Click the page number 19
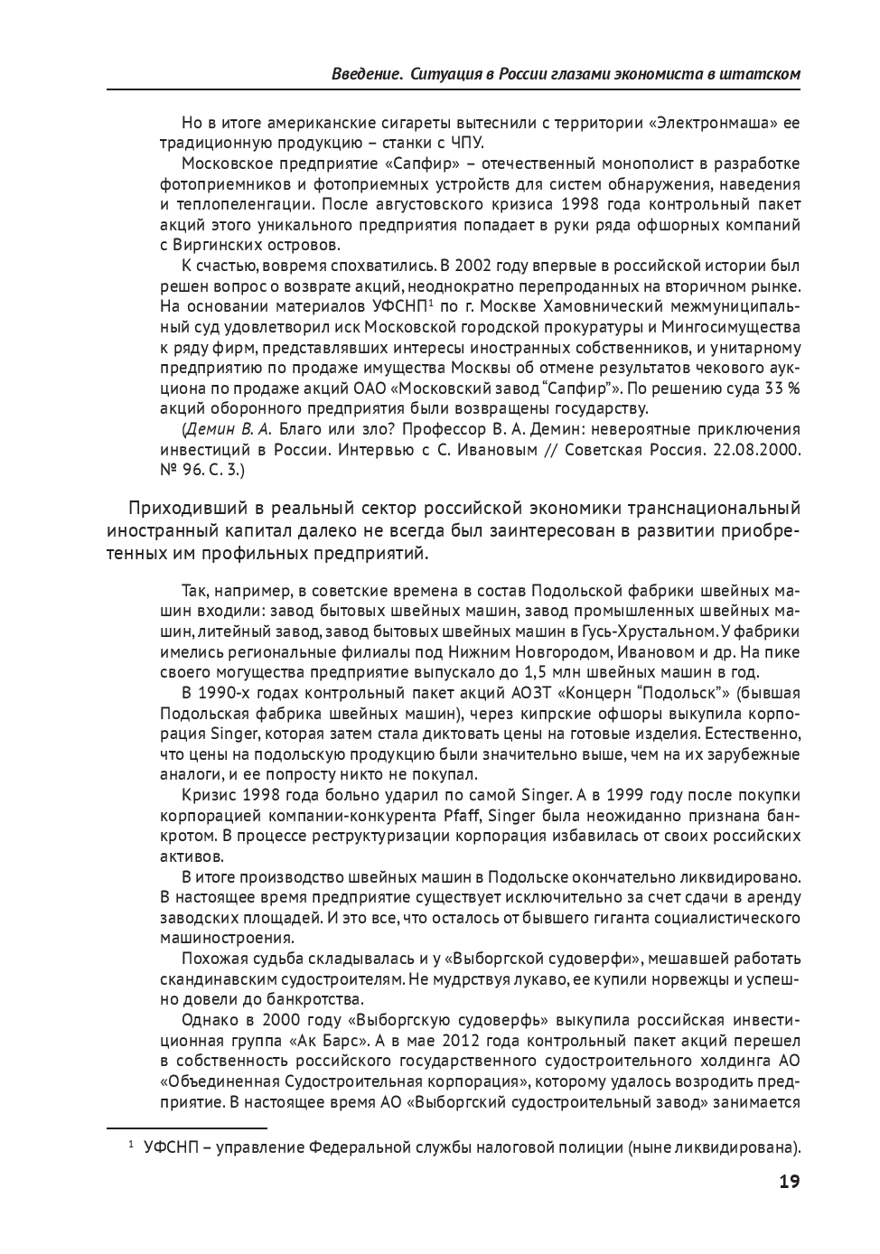pyautogui.click(x=789, y=1182)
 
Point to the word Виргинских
pyautogui.click(x=217, y=245)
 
